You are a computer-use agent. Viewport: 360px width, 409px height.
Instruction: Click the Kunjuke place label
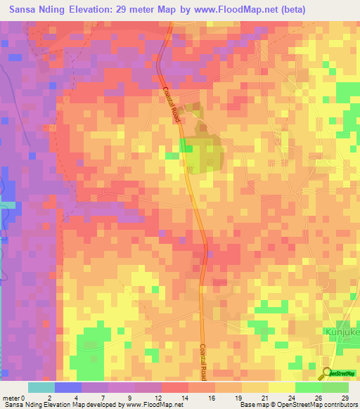(x=341, y=330)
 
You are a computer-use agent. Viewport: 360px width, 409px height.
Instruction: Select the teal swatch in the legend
(x=41, y=387)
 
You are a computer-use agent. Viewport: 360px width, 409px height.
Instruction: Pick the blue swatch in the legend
(x=67, y=387)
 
